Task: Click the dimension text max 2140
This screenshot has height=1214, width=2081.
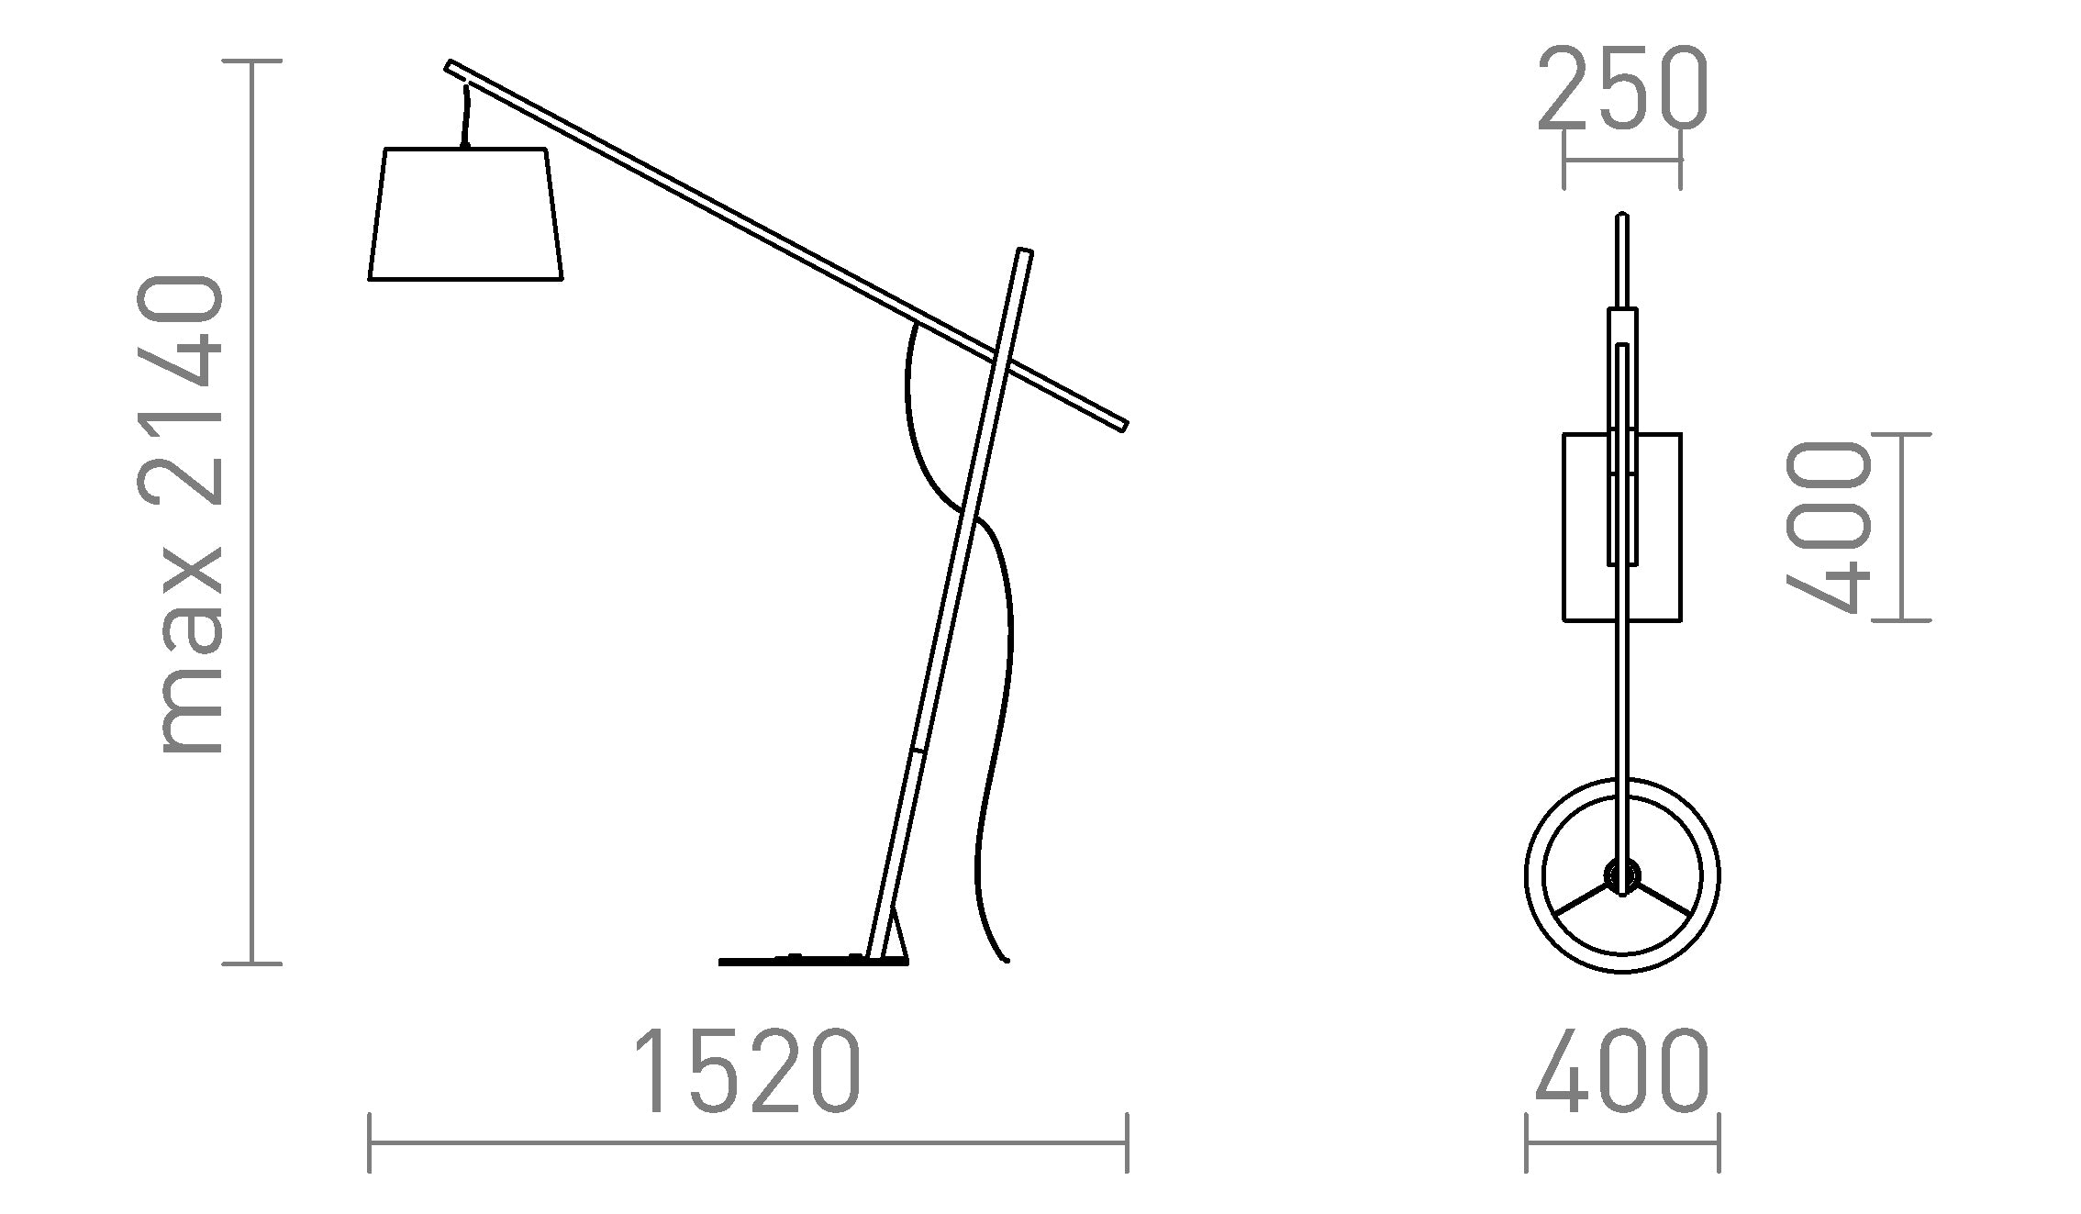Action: coord(181,514)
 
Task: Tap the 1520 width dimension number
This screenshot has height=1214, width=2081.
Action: coord(747,1072)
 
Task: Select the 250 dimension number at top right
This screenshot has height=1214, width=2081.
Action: coord(1622,89)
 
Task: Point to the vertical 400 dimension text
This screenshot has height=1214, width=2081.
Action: coord(1826,527)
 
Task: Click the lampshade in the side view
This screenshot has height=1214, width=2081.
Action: coord(465,215)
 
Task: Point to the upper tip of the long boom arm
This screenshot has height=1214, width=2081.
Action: coord(450,65)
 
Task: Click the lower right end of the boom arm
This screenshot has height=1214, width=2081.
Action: coord(1123,425)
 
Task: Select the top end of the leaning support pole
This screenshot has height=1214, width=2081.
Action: coord(1025,251)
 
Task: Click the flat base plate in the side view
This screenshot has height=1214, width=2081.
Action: coord(812,961)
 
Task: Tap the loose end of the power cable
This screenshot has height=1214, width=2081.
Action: coord(1006,960)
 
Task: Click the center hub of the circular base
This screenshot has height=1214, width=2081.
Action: coord(1622,875)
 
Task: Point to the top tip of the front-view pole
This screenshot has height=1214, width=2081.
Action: coord(1622,217)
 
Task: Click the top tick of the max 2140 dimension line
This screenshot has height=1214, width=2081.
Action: coord(252,61)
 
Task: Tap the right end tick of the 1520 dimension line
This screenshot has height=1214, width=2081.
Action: coord(1127,1142)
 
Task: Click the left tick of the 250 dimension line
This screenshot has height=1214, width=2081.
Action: coord(1564,160)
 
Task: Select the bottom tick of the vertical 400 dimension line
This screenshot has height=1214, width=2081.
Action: coord(1900,620)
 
